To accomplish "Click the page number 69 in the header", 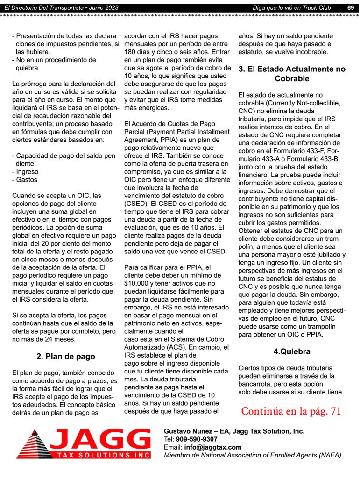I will click(350, 7).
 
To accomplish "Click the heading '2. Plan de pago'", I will click(65, 356).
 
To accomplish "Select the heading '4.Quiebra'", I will click(292, 351).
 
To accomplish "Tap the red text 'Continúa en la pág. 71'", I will click(291, 411).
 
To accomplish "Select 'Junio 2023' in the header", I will click(104, 7).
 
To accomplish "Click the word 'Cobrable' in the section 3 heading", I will click(292, 78).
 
